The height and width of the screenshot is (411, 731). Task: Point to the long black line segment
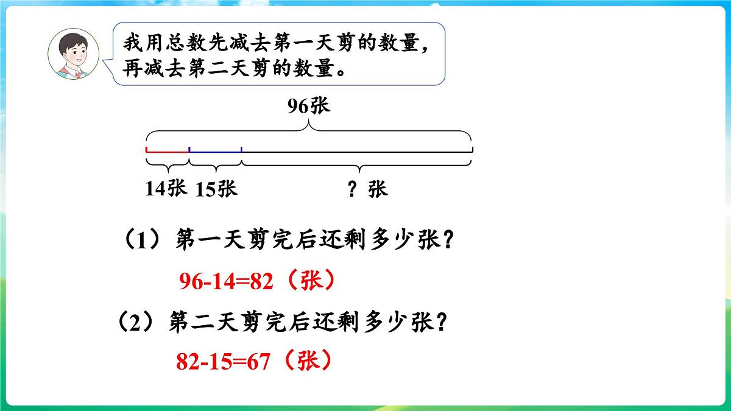pos(356,151)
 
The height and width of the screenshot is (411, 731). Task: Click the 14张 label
pos(165,189)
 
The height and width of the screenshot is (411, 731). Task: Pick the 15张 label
pos(216,189)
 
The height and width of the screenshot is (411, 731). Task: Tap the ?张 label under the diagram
pos(367,189)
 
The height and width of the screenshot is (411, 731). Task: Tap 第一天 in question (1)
pos(211,241)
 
